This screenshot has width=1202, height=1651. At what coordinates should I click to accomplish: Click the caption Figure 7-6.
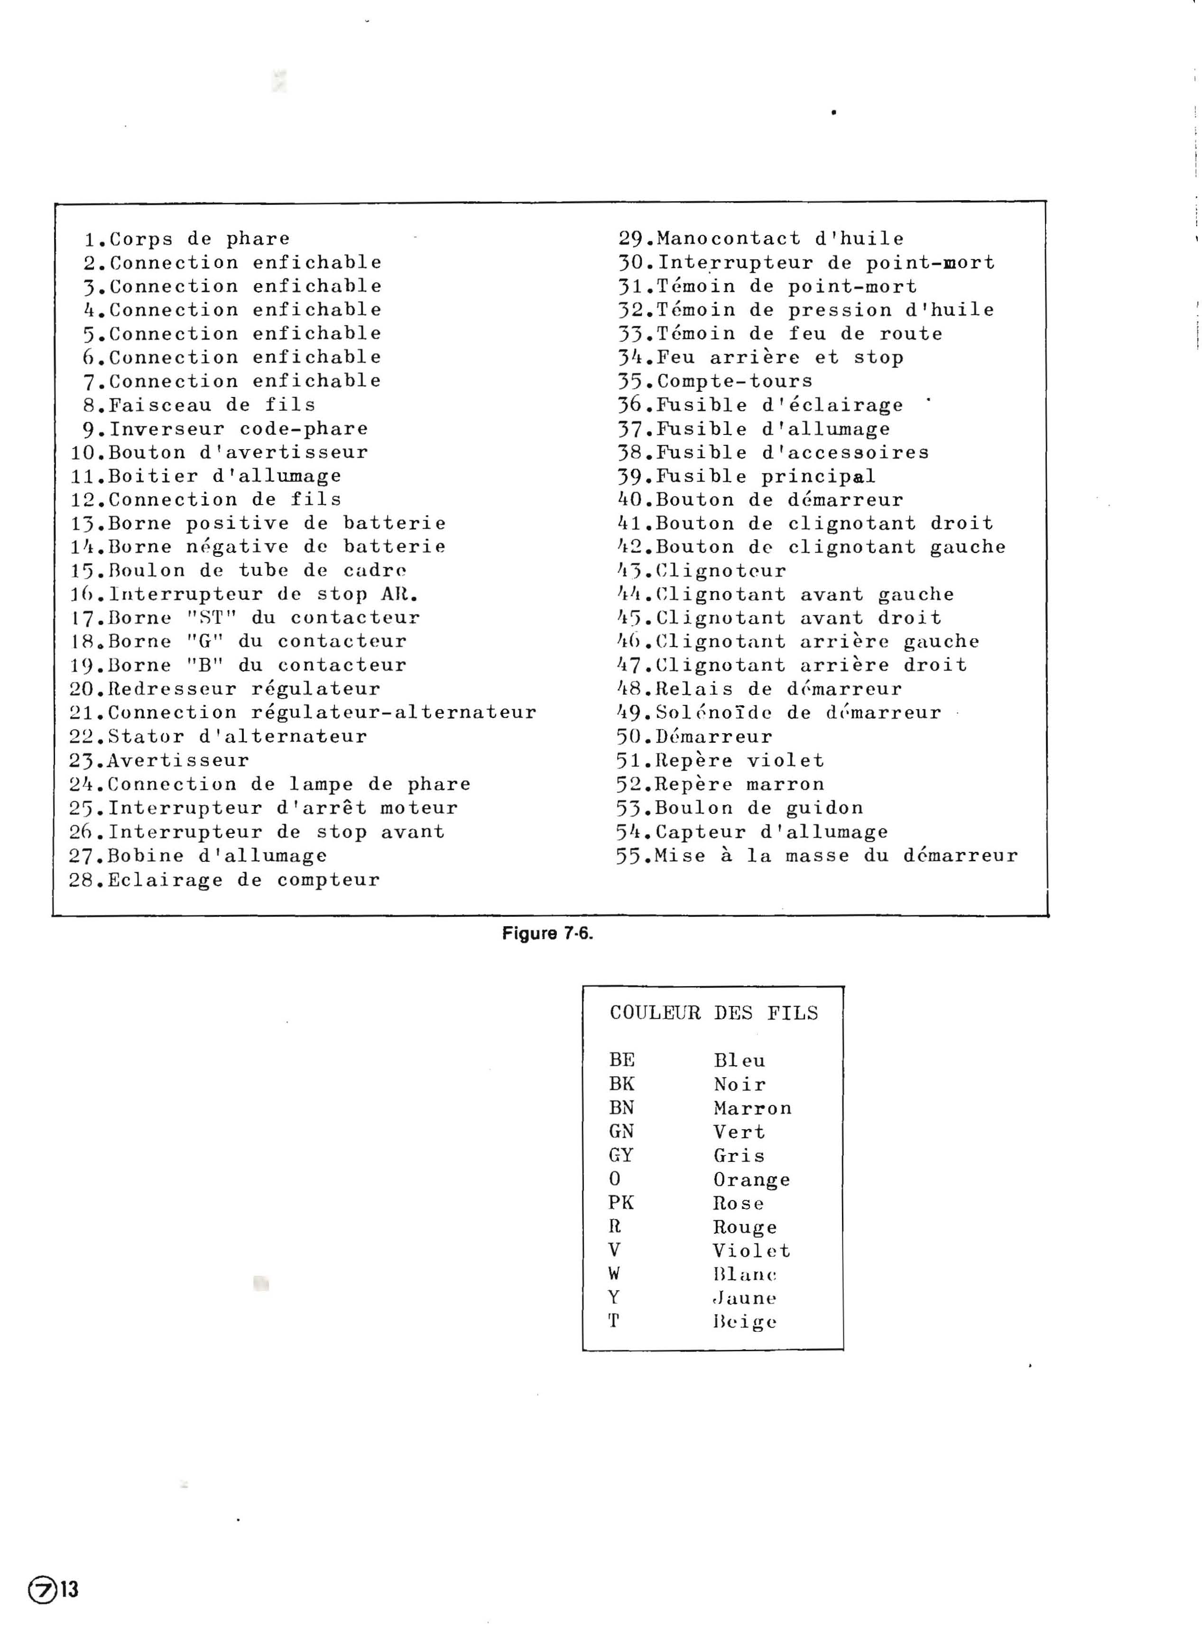click(547, 933)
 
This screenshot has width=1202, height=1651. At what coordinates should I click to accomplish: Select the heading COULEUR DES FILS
click(713, 1013)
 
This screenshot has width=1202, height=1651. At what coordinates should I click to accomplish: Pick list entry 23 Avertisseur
click(159, 761)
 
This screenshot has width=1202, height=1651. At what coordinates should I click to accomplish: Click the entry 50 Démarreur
click(694, 737)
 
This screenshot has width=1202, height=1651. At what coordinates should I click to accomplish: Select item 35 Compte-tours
click(715, 381)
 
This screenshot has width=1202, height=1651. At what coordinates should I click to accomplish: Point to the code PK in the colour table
click(621, 1203)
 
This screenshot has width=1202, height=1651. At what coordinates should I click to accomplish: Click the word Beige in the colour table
click(745, 1322)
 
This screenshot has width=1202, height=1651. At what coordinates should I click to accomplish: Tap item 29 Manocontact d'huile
click(761, 239)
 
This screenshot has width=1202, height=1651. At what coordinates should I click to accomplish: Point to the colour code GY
click(621, 1155)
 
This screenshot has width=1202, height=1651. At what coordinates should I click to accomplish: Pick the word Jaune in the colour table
click(745, 1298)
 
